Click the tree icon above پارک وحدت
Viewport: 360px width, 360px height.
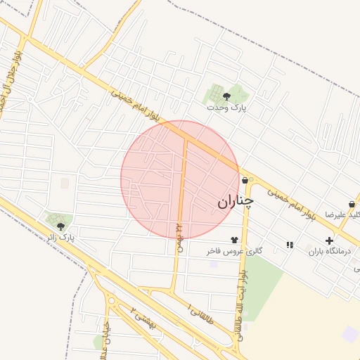[x=226, y=96]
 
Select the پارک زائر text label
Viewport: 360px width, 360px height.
[x=61, y=238]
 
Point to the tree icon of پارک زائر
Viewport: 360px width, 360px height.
[x=60, y=226]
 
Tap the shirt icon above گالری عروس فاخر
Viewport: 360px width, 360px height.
[x=234, y=240]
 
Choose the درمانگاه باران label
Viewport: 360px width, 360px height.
[x=328, y=251]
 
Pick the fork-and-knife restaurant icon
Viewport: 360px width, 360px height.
[x=290, y=245]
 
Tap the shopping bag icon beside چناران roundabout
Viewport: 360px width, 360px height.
[x=244, y=181]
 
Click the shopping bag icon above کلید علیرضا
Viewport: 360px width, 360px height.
[x=352, y=204]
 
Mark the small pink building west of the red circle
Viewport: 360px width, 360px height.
[x=65, y=183]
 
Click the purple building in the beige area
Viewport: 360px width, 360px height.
[x=349, y=334]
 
